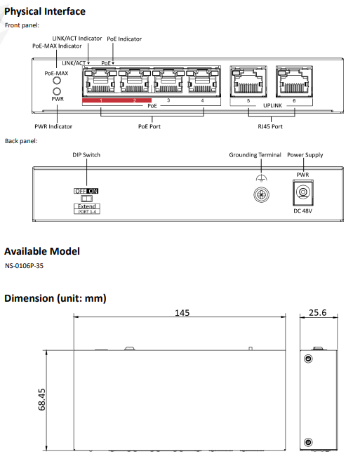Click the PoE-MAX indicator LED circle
tap(56, 81)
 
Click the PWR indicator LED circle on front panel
tap(56, 91)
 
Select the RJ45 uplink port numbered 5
tap(248, 81)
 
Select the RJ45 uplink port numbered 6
tap(294, 81)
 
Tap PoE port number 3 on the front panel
tap(168, 81)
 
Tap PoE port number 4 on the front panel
tap(203, 81)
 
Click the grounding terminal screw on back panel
tap(261, 194)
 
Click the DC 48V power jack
tap(303, 192)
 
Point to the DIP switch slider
tap(86, 198)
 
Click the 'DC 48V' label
tap(302, 211)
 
